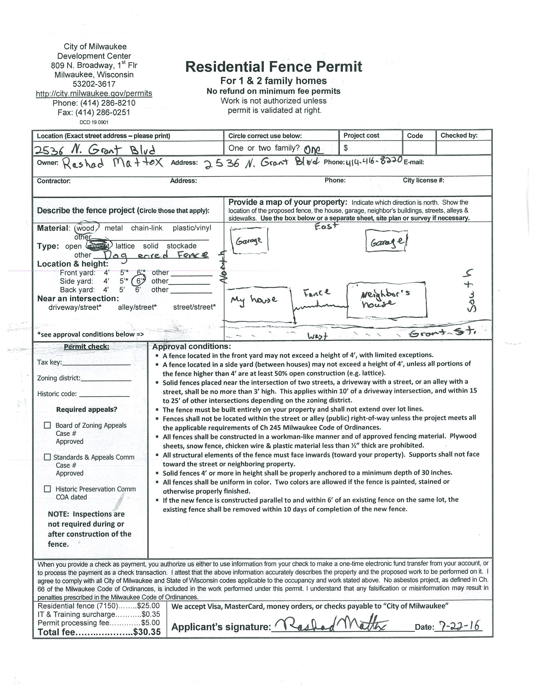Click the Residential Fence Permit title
pos(273,67)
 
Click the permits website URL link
pos(94,94)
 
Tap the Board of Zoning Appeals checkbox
pos(47,425)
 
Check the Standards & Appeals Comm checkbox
pos(47,457)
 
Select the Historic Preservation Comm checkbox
pos(47,489)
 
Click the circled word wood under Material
pos(86,228)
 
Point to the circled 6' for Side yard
pos(139,281)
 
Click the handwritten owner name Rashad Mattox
pos(113,163)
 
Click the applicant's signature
pos(330,625)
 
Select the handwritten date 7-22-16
pos(459,625)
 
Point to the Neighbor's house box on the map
pos(387,300)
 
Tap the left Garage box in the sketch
pos(249,241)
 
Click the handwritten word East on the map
pos(326,226)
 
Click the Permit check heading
pos(86,346)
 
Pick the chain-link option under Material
pos(147,228)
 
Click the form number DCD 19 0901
pos(94,122)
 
